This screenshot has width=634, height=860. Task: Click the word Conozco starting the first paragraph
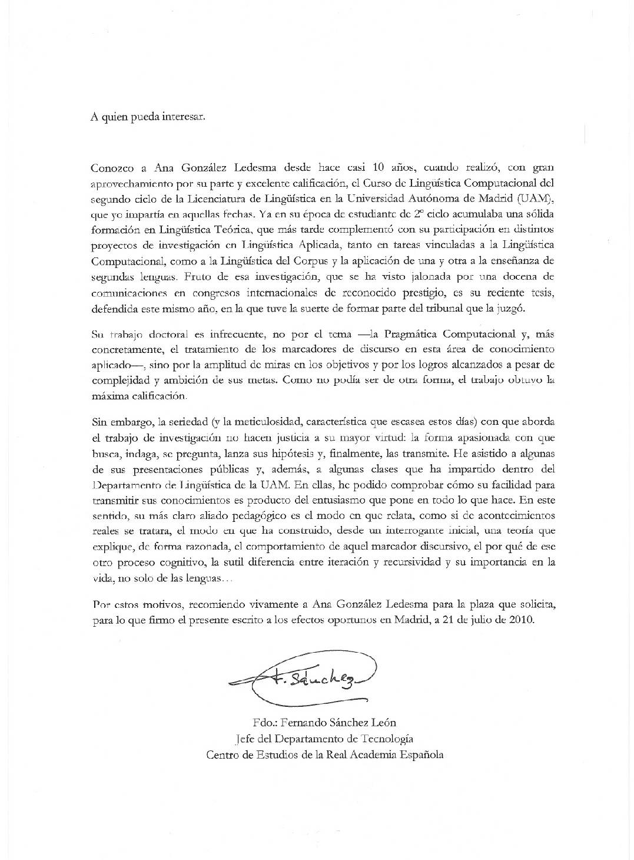[x=113, y=167]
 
